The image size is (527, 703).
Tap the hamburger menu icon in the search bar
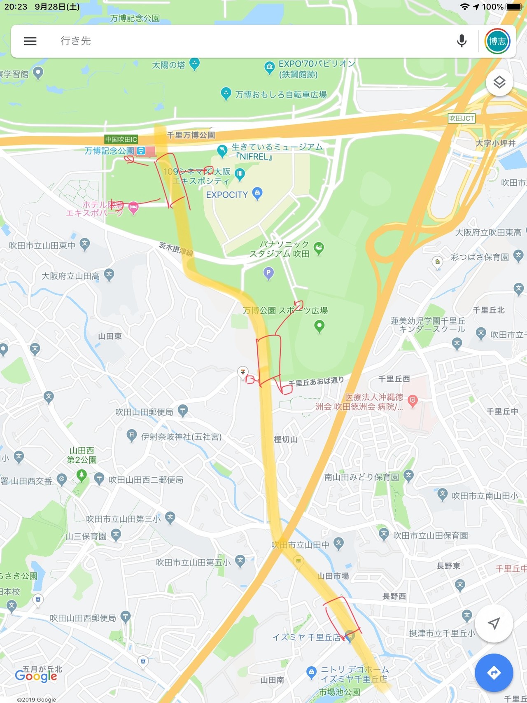click(x=30, y=41)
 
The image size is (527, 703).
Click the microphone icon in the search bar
click(x=462, y=41)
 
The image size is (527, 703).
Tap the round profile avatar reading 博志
click(x=497, y=41)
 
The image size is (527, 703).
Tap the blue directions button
click(x=494, y=673)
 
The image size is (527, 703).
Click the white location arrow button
click(x=494, y=623)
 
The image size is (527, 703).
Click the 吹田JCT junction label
click(x=462, y=119)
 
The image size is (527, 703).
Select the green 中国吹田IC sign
click(x=121, y=140)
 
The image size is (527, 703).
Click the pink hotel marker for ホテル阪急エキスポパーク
click(x=133, y=207)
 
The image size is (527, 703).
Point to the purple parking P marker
click(x=268, y=273)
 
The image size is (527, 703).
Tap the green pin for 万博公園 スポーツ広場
click(x=319, y=326)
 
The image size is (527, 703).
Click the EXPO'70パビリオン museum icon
click(x=269, y=67)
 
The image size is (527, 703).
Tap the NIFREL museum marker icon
click(x=222, y=151)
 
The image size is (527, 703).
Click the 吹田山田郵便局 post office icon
click(x=183, y=410)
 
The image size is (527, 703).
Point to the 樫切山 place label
click(x=286, y=439)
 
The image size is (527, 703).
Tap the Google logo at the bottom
click(x=36, y=676)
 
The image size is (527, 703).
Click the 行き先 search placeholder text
click(x=76, y=41)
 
